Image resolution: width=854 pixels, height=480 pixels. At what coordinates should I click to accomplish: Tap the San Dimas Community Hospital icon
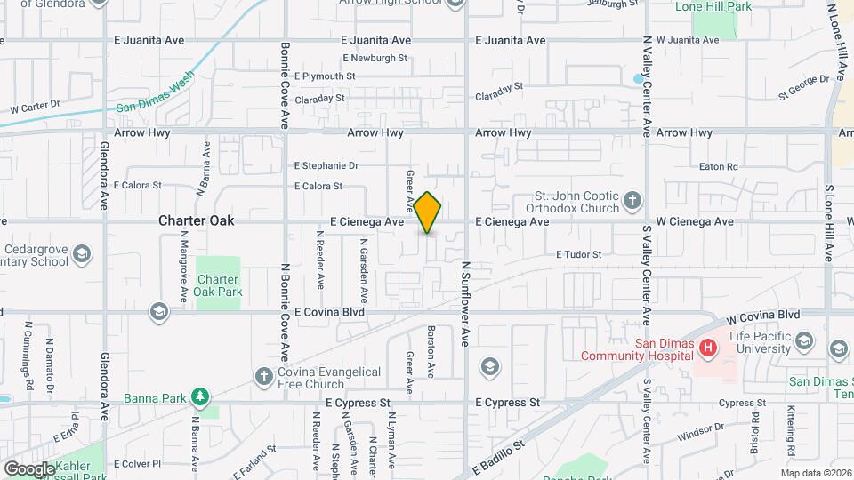pos(708,348)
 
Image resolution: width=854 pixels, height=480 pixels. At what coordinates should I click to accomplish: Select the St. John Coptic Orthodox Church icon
pos(632,199)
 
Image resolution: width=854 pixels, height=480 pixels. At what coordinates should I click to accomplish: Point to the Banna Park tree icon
pos(202,396)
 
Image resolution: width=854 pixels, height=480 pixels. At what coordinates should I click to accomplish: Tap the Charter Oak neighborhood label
pos(197,220)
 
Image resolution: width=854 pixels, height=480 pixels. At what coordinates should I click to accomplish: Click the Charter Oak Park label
pos(218,285)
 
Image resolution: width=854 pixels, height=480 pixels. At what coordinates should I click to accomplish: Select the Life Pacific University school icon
pos(804,342)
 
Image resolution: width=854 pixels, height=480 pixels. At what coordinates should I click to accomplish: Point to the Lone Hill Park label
pos(713,7)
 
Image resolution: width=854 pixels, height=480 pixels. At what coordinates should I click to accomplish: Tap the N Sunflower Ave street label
pos(464,302)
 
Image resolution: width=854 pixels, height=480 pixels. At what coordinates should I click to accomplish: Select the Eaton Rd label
pos(719,166)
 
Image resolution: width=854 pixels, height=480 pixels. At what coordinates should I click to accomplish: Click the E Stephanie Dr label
pos(326,165)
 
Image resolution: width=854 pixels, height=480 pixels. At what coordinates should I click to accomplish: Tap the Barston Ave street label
pos(431,351)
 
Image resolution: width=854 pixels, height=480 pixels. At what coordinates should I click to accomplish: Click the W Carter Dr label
pos(35,108)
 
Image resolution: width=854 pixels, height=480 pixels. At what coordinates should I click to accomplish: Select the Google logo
pos(28,468)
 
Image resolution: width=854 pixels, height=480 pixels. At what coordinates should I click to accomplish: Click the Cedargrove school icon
pos(81,255)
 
